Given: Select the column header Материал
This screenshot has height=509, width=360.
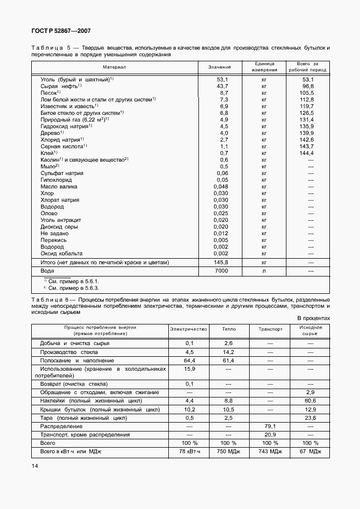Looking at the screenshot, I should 114,67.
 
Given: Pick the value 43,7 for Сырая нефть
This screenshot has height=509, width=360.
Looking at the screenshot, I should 222,86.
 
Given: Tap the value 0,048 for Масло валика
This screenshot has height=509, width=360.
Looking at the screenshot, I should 222,186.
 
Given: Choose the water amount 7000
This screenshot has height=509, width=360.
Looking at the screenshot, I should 222,271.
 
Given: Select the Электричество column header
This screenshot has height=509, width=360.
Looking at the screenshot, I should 188,329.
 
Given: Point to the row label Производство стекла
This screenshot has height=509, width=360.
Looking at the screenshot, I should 69,352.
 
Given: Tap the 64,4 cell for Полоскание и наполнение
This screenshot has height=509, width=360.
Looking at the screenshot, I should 188,361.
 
